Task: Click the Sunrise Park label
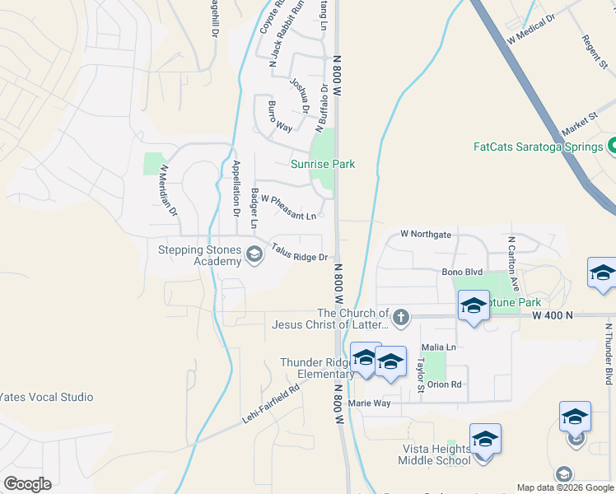(323, 164)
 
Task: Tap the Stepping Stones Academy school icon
(254, 256)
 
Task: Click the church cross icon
(400, 318)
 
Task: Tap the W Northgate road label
(426, 235)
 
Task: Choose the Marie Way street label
(369, 403)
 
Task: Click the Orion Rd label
(445, 384)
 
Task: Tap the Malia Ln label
(438, 347)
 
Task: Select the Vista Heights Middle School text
(436, 454)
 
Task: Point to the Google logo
(27, 484)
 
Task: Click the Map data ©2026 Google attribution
(564, 487)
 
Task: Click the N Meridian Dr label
(168, 190)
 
